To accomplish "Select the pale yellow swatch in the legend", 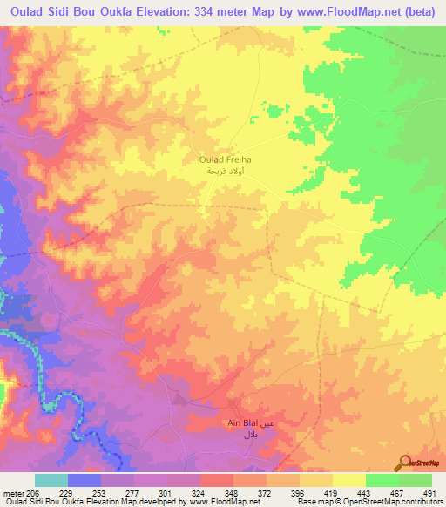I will pos(348,480).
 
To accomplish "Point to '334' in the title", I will pos(207,14).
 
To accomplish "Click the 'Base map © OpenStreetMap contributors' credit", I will pos(369,502).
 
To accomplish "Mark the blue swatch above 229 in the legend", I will pos(84,480).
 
